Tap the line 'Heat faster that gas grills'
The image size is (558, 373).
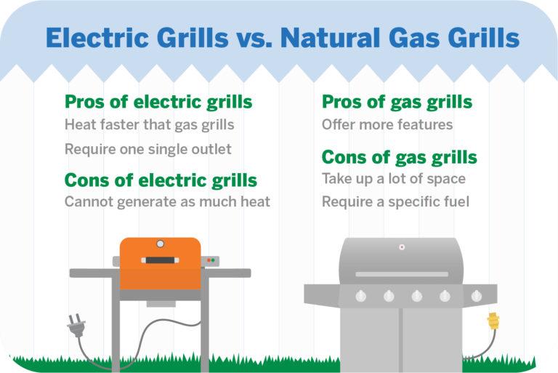click(x=149, y=124)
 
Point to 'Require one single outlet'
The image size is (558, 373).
click(x=147, y=149)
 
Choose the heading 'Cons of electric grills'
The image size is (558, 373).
click(x=161, y=180)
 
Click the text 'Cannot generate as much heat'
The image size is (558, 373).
click(x=167, y=202)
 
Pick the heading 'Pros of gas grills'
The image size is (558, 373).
click(x=397, y=102)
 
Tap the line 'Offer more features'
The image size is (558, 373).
click(x=387, y=124)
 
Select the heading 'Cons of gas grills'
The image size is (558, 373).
click(x=399, y=157)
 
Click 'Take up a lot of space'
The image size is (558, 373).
click(x=393, y=179)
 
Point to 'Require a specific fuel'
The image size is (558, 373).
click(x=395, y=201)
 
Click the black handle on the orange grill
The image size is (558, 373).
click(x=159, y=260)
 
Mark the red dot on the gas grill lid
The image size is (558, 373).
click(x=401, y=247)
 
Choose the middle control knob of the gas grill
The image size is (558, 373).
click(x=416, y=296)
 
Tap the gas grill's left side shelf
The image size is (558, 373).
click(x=322, y=295)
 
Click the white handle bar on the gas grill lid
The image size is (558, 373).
click(x=400, y=273)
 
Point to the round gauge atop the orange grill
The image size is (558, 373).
click(x=160, y=244)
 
